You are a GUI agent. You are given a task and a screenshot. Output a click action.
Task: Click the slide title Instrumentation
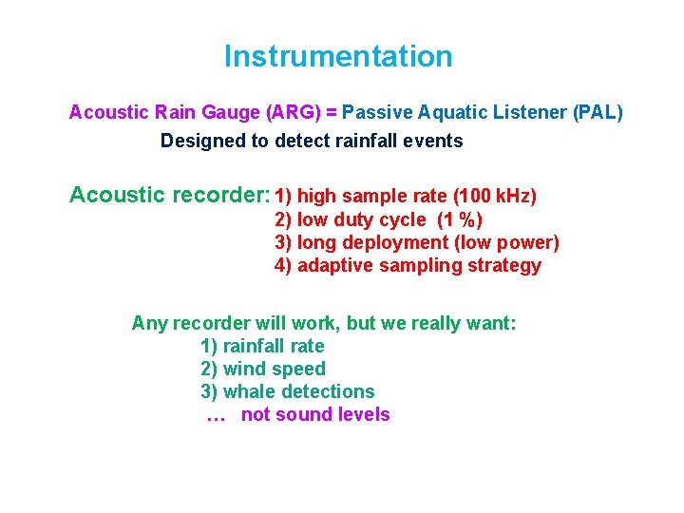point(338,57)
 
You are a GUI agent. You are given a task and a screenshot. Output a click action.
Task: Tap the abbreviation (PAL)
point(598,112)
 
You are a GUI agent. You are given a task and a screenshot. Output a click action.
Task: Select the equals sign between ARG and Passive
point(332,112)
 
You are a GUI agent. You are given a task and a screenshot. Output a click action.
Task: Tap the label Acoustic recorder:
point(170,196)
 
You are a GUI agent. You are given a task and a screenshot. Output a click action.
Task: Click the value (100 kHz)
point(495,197)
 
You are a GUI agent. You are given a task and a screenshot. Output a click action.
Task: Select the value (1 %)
point(459,220)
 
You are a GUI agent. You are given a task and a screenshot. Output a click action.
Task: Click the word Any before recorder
point(149,323)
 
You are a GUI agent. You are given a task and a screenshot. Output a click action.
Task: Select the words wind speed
point(275,369)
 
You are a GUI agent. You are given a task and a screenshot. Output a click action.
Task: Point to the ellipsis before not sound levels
point(215,415)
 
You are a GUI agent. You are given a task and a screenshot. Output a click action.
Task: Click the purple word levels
point(365,414)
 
